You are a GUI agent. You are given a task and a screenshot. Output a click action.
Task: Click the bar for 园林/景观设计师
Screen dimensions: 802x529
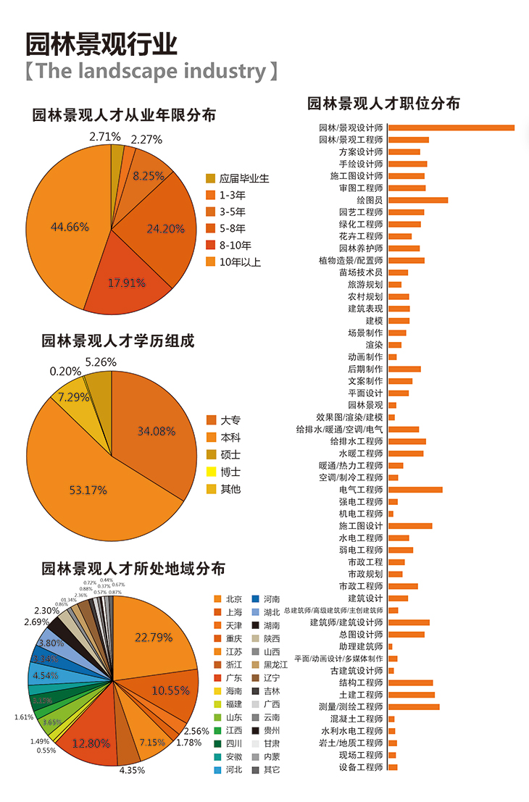click(451, 128)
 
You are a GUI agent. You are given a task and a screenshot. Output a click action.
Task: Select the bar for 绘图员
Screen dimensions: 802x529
click(417, 200)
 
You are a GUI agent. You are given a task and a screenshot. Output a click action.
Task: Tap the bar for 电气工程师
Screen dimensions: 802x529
click(415, 490)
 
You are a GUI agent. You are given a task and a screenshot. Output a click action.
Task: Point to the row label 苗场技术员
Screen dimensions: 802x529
click(360, 272)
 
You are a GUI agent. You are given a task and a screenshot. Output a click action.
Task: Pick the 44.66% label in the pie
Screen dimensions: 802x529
click(70, 227)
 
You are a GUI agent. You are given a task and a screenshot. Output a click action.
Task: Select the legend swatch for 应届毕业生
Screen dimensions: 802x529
click(211, 178)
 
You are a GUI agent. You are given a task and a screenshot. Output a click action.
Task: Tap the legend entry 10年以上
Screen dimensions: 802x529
click(238, 262)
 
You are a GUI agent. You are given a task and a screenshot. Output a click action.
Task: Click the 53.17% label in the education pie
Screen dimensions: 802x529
click(88, 490)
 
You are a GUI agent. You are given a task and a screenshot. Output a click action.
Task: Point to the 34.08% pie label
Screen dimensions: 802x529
click(157, 431)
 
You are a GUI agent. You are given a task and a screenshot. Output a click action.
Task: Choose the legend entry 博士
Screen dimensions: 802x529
click(230, 472)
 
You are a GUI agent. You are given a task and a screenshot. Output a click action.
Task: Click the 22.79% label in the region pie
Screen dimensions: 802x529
click(154, 638)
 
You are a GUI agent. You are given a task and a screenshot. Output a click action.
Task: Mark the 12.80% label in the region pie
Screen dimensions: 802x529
click(91, 743)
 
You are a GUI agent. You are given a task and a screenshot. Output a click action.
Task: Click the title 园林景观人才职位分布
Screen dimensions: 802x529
click(383, 104)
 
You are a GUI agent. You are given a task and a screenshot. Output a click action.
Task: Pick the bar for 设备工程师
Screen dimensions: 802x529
click(393, 767)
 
